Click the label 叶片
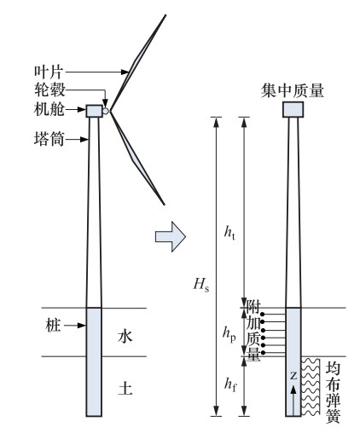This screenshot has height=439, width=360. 48,72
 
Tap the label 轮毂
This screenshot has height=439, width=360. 49,90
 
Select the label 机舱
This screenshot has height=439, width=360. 49,109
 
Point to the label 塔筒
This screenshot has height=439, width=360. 49,139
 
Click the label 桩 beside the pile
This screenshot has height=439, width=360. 53,326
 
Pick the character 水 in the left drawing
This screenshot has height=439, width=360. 125,337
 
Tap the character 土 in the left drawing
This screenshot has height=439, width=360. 125,388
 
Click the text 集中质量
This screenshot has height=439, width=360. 293,91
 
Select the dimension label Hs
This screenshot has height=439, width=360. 201,284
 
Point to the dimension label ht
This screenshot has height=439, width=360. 229,232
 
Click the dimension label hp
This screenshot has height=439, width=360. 229,334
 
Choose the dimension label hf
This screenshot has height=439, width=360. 230,384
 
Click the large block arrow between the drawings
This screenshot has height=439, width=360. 171,236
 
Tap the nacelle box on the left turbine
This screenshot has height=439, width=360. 94,111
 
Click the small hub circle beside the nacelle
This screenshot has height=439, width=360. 106,111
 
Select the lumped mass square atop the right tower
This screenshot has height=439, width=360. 293,109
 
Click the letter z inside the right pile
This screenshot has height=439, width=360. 293,376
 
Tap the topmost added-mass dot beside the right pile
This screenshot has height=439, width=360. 263,314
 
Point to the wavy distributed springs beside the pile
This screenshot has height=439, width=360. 311,386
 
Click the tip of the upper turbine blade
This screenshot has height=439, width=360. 165,15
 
